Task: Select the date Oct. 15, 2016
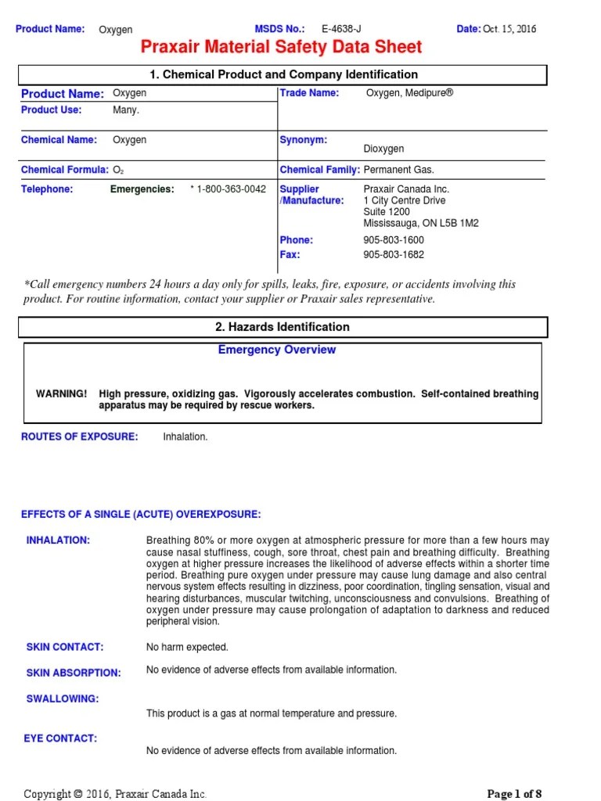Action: (x=509, y=29)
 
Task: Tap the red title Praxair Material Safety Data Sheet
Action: (x=281, y=48)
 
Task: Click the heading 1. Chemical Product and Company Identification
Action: (x=283, y=74)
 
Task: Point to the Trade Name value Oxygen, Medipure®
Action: (x=409, y=93)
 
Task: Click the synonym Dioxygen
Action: (x=383, y=149)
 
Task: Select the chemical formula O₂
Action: (x=118, y=170)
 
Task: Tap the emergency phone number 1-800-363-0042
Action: (x=231, y=189)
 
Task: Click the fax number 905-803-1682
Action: (x=394, y=255)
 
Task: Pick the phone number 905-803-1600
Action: (x=394, y=240)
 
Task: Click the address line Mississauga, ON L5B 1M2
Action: (x=421, y=223)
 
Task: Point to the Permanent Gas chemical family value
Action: (x=398, y=170)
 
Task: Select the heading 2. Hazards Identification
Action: (x=283, y=327)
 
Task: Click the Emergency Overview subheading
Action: (x=276, y=350)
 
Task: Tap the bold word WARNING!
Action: (x=62, y=393)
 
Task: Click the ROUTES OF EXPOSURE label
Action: (x=79, y=436)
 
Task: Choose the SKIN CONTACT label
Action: (x=65, y=647)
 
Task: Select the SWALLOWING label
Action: (x=63, y=699)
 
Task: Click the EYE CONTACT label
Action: (x=62, y=738)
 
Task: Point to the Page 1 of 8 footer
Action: (x=514, y=794)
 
